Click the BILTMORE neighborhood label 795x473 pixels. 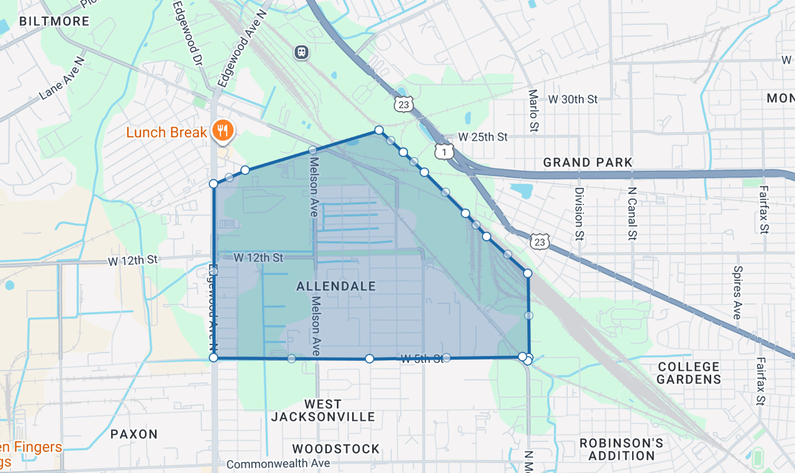tap(54, 21)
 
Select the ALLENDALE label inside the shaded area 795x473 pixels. tap(336, 286)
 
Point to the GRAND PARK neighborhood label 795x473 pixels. tap(588, 163)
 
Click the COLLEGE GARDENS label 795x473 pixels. tap(689, 373)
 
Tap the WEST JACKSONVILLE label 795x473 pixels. tap(323, 410)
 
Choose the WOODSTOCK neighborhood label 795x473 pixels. tap(336, 449)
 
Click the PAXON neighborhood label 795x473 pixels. tap(134, 434)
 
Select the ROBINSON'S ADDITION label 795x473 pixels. tap(621, 449)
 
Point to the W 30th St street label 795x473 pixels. tap(572, 99)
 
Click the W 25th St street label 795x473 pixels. tap(483, 137)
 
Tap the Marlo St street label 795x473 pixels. tap(533, 110)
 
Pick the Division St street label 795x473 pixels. tap(579, 214)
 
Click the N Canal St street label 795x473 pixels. tap(632, 214)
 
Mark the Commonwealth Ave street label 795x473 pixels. tap(278, 464)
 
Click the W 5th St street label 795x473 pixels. tap(422, 358)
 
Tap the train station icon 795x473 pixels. tap(301, 52)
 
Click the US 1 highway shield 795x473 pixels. tap(444, 151)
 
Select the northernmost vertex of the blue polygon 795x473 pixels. tap(378, 130)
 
